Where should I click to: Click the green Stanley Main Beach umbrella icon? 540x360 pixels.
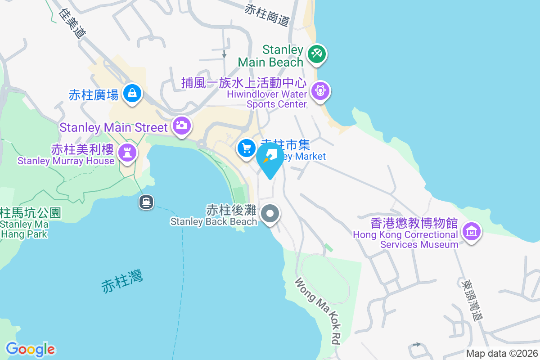click(x=317, y=54)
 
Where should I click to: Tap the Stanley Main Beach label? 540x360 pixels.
click(x=270, y=56)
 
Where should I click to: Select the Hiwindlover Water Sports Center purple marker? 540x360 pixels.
click(x=320, y=90)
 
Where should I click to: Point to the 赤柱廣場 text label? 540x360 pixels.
click(x=94, y=95)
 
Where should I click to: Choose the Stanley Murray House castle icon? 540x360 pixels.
click(x=127, y=153)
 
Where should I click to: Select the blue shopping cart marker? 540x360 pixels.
click(x=246, y=148)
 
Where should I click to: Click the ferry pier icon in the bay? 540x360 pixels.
click(x=146, y=202)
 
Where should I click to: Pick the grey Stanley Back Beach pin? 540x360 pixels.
click(x=270, y=213)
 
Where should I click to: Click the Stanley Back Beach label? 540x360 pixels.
click(x=214, y=216)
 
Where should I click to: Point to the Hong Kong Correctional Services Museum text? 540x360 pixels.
click(x=406, y=234)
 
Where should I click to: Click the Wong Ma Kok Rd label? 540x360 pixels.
click(x=318, y=310)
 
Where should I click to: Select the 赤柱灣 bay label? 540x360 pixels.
click(x=122, y=281)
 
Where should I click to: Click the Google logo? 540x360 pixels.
click(x=30, y=349)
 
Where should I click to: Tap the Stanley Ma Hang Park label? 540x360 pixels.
click(x=27, y=223)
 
